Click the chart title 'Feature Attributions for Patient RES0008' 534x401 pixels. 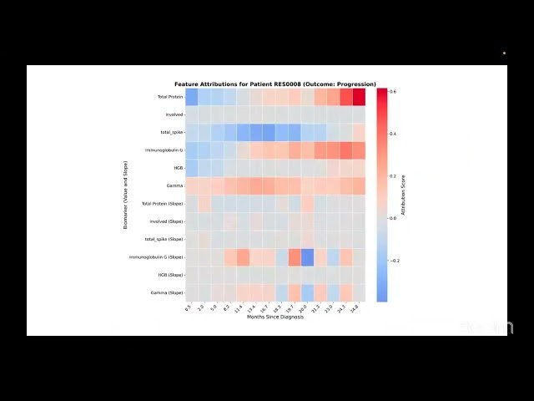click(275, 84)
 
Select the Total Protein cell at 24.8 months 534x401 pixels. click(359, 97)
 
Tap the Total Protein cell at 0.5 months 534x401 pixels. click(192, 97)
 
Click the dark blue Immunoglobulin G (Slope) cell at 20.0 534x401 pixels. click(307, 256)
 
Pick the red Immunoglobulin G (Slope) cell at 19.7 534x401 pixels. click(295, 256)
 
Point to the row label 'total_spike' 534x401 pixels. click(172, 132)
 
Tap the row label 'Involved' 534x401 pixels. click(174, 114)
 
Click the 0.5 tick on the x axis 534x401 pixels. click(190, 307)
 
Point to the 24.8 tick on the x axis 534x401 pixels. click(357, 307)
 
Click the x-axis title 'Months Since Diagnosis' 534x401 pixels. click(275, 317)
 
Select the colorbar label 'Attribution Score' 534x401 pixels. click(403, 195)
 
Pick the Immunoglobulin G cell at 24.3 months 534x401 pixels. click(346, 150)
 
